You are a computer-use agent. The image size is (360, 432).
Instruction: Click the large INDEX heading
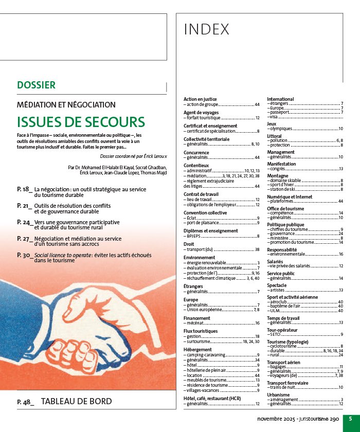click(207, 30)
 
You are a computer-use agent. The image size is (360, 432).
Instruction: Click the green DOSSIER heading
click(36, 85)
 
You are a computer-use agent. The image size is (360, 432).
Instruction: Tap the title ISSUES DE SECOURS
click(81, 122)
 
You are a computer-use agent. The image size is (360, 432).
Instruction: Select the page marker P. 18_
click(25, 189)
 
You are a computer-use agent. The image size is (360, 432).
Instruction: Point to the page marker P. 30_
click(25, 255)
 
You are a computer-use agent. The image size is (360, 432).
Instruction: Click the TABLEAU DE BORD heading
click(76, 401)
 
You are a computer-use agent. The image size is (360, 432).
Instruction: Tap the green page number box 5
click(350, 419)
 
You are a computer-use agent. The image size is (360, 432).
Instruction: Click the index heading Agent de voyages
click(201, 112)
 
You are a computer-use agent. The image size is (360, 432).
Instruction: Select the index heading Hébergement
click(197, 349)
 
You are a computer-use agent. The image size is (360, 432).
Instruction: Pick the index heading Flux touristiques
click(201, 331)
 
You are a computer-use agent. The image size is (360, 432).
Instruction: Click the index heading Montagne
click(278, 175)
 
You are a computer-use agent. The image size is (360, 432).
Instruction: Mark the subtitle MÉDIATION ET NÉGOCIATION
click(66, 104)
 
